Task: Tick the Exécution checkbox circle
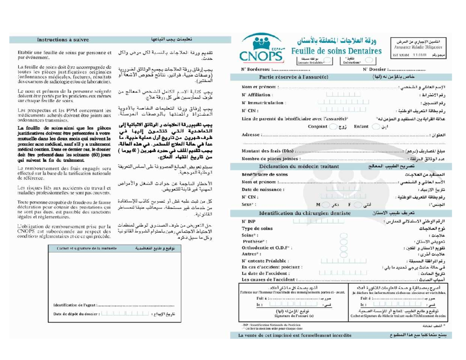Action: coord(369,61)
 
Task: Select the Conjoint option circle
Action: coord(332,127)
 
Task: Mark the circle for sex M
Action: coord(325,204)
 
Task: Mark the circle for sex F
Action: coord(358,204)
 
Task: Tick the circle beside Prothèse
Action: coord(343,241)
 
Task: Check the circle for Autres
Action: coord(343,254)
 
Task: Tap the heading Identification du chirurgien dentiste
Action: coord(305,213)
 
